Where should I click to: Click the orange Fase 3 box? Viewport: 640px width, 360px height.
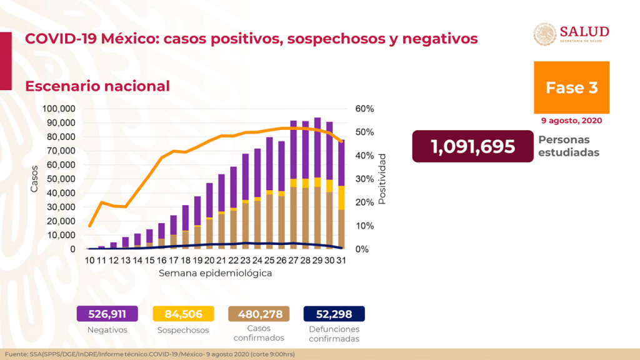point(571,87)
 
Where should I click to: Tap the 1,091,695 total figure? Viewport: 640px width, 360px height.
point(472,147)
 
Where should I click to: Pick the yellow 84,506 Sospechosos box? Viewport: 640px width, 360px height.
point(183,314)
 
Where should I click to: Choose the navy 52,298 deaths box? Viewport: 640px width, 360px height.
point(334,314)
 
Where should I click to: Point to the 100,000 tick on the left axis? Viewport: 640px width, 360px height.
point(59,109)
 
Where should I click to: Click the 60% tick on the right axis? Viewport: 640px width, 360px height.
point(365,109)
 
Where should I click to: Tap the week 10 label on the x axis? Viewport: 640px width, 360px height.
point(91,260)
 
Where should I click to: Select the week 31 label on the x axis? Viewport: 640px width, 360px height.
point(341,260)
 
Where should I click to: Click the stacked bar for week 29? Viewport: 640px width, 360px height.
point(317,187)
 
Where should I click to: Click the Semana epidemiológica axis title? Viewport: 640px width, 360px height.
point(214,274)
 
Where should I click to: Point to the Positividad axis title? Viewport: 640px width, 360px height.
point(382,179)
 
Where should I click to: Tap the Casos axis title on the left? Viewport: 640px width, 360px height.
point(34,179)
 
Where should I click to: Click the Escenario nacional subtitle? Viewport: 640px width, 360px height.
point(97,86)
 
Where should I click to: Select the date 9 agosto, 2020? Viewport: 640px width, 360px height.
point(571,121)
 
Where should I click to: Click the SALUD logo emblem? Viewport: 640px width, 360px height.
point(544,34)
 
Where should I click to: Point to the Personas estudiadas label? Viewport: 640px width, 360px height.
point(563,146)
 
